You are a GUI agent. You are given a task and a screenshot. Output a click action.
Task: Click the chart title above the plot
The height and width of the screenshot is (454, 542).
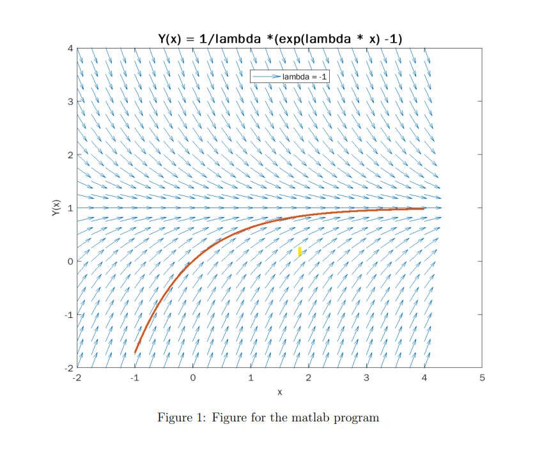(280, 39)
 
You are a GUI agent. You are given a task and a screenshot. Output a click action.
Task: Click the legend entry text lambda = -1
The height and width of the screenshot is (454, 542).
(305, 77)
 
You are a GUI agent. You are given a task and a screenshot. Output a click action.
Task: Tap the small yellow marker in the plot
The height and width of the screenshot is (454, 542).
(300, 251)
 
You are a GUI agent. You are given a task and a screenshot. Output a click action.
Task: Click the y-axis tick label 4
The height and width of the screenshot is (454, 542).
(71, 49)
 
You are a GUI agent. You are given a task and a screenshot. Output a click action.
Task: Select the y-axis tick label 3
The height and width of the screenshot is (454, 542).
(71, 102)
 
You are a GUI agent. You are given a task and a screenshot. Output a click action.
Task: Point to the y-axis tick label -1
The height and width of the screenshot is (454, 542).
(70, 315)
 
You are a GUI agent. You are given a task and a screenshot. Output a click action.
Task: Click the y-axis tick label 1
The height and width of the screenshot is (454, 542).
(71, 208)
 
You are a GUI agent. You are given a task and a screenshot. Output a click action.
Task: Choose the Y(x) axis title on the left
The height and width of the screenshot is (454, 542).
(56, 208)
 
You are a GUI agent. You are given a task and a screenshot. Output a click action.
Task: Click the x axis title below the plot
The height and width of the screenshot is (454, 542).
(280, 391)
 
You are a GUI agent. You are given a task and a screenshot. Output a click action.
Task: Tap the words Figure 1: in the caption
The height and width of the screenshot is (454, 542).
(182, 418)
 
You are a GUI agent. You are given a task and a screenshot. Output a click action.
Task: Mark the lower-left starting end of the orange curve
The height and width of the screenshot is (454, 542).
(135, 352)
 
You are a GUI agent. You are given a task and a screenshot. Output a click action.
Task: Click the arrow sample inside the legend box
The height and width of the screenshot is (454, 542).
(265, 77)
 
